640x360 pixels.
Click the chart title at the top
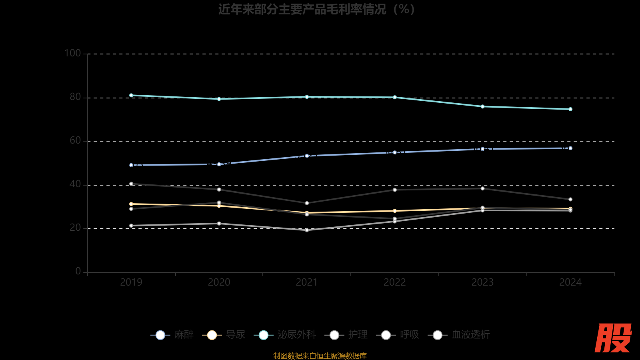pos(316,9)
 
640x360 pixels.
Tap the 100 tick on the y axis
pos(72,53)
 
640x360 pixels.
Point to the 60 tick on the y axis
pos(75,140)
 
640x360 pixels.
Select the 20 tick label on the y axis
pos(75,228)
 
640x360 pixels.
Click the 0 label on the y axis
pos(78,271)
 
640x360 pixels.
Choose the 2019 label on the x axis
pos(131,282)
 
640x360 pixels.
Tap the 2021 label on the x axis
pos(307,282)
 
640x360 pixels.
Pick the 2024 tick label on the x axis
pos(570,282)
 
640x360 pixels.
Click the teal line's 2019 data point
pos(131,95)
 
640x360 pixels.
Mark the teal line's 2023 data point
pos(482,106)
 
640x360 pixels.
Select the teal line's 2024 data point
pos(570,109)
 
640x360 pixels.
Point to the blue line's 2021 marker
pos(307,156)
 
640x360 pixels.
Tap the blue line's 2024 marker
pos(570,148)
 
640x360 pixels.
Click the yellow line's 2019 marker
pos(131,204)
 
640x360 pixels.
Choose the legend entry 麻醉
pos(172,335)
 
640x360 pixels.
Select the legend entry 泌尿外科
pos(285,335)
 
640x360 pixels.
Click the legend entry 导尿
pos(224,335)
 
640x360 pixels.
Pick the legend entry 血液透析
pos(459,335)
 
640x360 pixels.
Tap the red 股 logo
pos(613,338)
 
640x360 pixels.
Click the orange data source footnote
pos(320,356)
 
